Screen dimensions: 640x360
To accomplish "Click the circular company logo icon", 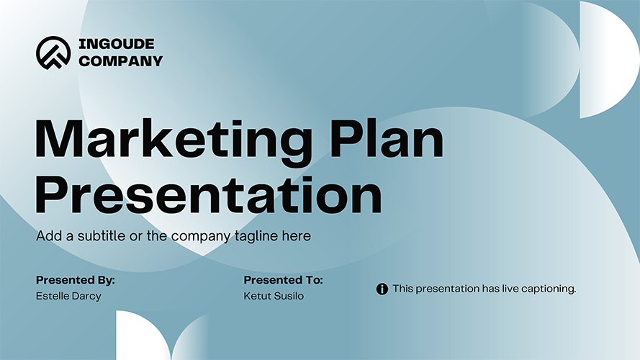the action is [53, 53].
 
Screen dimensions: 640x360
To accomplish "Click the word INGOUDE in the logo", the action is [117, 44].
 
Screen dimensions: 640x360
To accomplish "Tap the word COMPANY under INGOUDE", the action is [120, 60].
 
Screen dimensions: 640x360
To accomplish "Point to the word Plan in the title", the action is [387, 138].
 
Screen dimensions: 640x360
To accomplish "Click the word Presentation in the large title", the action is [209, 195].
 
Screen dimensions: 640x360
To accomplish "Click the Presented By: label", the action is [76, 280].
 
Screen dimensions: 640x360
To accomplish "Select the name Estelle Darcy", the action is [68, 296].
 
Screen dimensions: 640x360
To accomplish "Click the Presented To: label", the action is [283, 280].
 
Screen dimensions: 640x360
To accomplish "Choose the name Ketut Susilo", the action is [274, 296].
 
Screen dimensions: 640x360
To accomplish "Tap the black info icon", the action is [382, 289].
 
